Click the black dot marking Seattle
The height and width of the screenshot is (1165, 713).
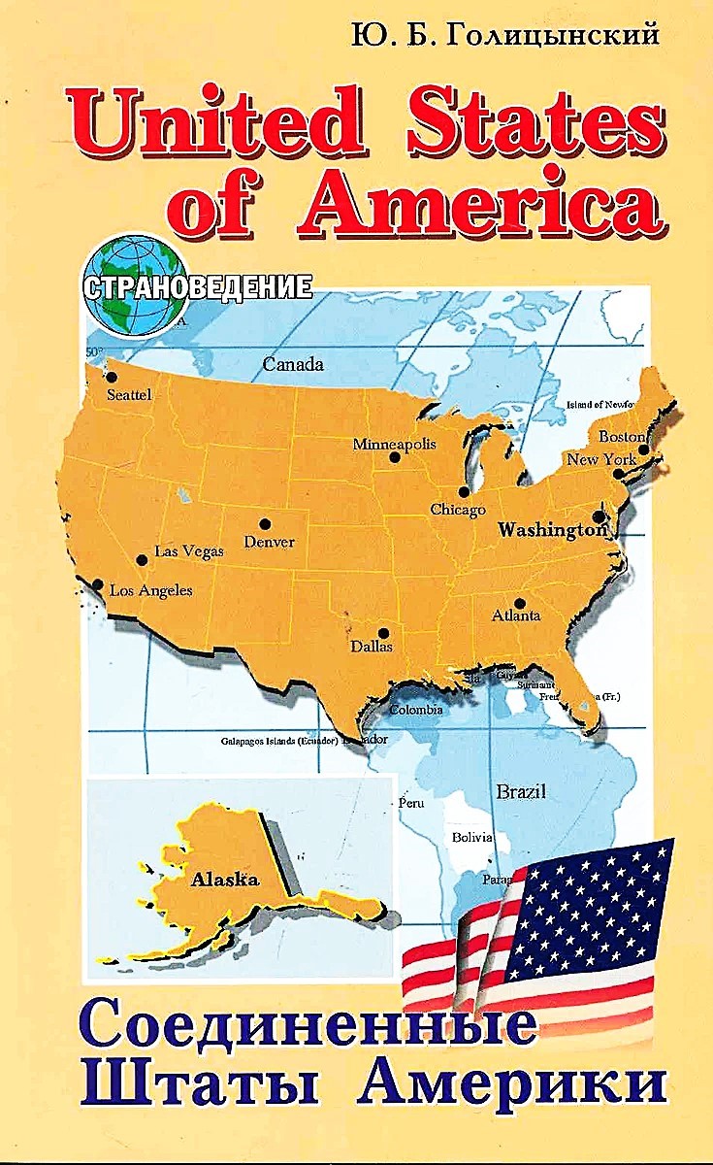click(112, 377)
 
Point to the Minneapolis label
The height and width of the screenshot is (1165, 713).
click(394, 444)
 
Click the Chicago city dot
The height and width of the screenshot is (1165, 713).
click(464, 491)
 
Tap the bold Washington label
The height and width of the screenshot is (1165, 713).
click(551, 530)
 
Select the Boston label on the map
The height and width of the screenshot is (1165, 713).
click(622, 436)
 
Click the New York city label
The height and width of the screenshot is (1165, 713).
click(600, 458)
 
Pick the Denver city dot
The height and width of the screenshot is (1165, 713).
click(265, 524)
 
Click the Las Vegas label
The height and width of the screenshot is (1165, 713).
click(189, 550)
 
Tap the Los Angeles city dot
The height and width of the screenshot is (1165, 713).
click(98, 584)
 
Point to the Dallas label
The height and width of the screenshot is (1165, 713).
click(372, 646)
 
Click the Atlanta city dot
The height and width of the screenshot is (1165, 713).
click(520, 603)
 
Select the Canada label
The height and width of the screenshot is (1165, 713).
click(293, 365)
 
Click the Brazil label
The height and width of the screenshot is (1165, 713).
click(522, 790)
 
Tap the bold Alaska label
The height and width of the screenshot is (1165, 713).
click(225, 881)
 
